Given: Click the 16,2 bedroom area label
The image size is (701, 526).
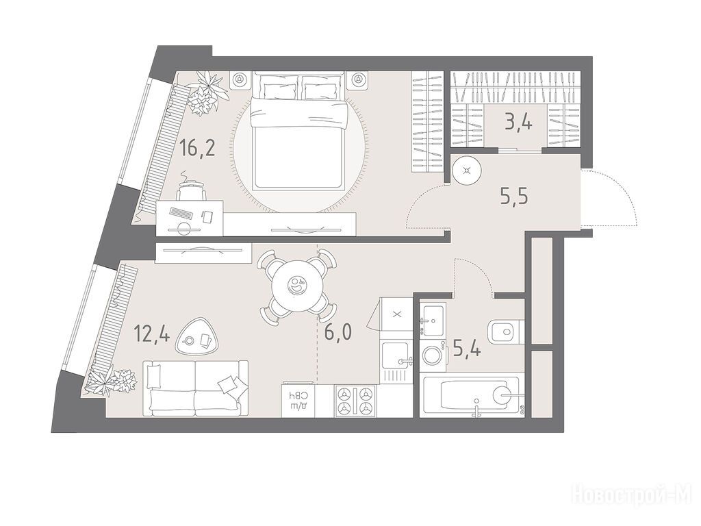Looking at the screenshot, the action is (197, 148).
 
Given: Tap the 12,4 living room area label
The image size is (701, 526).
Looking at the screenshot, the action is (153, 334).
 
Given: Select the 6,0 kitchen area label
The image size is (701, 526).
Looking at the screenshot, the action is (338, 332).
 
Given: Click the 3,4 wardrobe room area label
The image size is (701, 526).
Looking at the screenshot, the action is (519, 121).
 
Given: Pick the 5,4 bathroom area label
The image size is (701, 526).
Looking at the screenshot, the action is (467, 348).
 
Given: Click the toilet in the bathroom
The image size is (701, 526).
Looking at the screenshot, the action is (506, 332).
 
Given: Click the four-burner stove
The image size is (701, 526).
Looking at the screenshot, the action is (355, 401).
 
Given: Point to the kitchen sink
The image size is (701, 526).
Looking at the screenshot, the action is (395, 354).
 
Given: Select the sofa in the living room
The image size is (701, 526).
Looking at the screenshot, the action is (195, 388).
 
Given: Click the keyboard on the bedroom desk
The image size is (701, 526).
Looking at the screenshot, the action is (181, 212).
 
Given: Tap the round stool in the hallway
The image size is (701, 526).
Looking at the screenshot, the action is (467, 170).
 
